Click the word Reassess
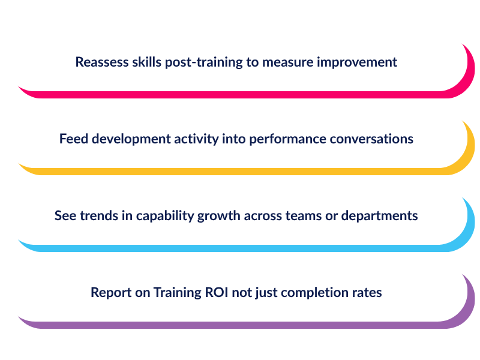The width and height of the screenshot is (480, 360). (102, 62)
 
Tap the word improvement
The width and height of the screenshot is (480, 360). (356, 63)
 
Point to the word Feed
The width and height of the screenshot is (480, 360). (73, 139)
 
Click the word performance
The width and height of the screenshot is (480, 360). (287, 140)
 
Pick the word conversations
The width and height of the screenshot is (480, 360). (371, 139)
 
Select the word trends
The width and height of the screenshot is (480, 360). (99, 216)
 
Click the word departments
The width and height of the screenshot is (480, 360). (379, 217)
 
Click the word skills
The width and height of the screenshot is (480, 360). (146, 62)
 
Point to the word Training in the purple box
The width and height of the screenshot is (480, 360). (177, 293)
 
